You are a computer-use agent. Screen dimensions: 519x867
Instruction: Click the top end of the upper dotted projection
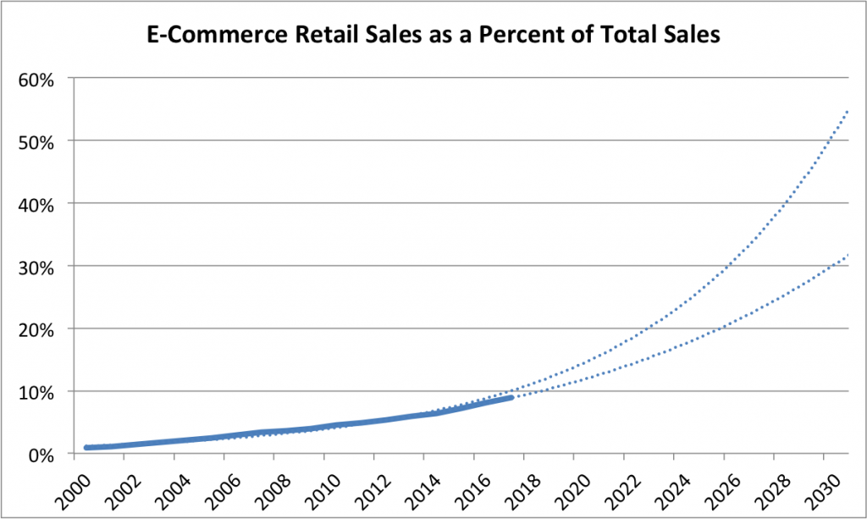848,110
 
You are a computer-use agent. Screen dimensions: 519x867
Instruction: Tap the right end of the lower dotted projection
848,254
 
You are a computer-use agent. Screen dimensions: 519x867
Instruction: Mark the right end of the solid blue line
511,396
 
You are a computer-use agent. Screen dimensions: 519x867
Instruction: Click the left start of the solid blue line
86,447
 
